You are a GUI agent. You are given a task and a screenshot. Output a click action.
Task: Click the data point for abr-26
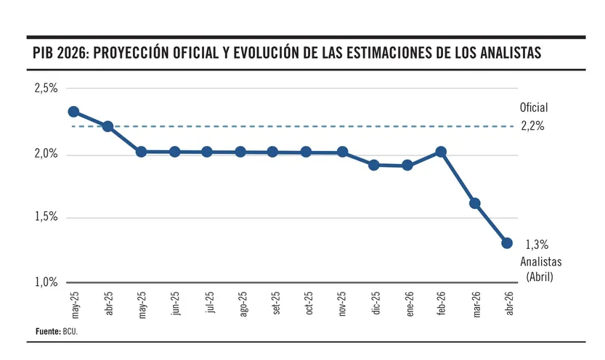[507, 243]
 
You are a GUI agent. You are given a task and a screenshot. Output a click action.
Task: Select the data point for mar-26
[475, 203]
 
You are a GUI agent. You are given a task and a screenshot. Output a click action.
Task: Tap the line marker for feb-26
[440, 152]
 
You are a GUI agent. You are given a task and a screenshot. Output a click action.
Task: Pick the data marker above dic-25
[374, 165]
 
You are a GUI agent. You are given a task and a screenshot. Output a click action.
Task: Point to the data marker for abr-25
[107, 126]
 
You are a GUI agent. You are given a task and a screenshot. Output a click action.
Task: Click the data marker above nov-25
[342, 152]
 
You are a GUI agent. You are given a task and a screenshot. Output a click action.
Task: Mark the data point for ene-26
[407, 165]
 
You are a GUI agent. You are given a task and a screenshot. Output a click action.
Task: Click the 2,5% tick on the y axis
[46, 89]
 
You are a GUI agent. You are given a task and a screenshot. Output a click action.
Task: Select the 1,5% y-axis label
[46, 217]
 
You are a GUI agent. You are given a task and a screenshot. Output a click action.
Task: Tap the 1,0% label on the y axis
[46, 282]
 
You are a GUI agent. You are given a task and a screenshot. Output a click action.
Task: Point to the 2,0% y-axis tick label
[46, 155]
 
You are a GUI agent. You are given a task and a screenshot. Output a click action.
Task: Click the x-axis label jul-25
[209, 303]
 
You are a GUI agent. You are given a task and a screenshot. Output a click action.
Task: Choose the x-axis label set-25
[276, 303]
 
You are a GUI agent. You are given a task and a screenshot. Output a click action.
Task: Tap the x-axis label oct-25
[309, 303]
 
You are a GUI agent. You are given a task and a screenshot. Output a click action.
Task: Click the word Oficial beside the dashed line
[534, 107]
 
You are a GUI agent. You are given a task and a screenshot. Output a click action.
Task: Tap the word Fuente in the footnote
[47, 331]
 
